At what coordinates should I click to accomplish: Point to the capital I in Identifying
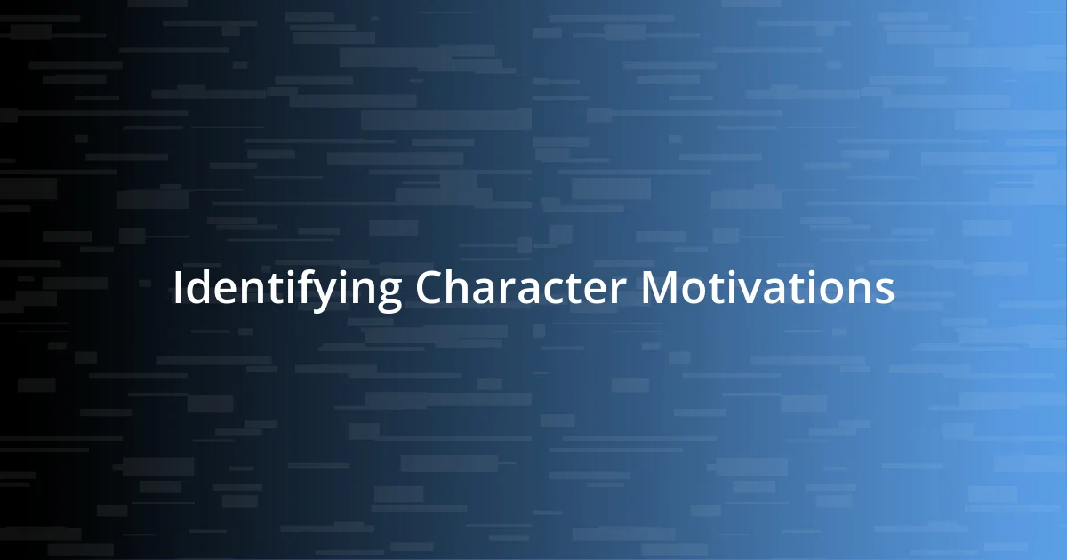tap(178, 288)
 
